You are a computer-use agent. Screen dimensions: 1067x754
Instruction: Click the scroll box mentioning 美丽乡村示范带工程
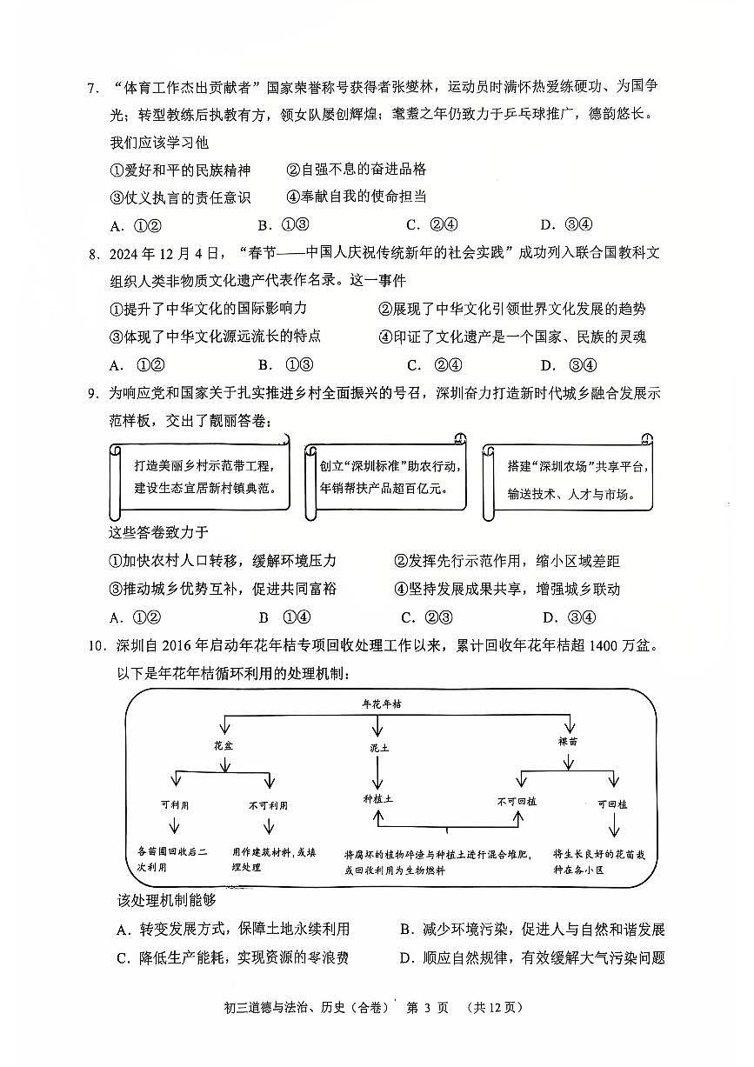(x=199, y=477)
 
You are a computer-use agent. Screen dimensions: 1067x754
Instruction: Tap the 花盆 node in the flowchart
(x=224, y=745)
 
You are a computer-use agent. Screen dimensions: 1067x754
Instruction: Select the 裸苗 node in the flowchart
(x=568, y=742)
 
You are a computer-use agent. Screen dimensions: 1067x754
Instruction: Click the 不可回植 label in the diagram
(x=517, y=801)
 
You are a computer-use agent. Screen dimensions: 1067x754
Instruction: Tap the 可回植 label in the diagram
(x=612, y=804)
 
